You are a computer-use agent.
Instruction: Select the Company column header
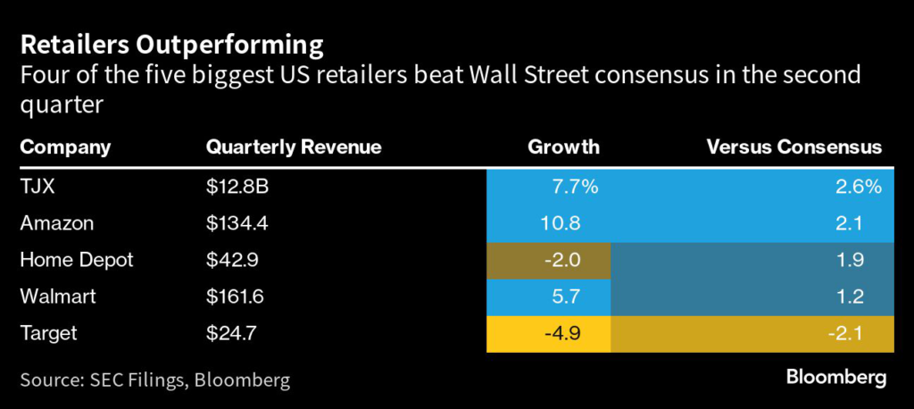coord(65,146)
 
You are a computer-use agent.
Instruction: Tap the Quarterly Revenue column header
coord(294,146)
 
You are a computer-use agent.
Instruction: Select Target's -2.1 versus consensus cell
coord(860,334)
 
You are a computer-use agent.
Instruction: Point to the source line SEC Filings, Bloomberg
coord(155,380)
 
